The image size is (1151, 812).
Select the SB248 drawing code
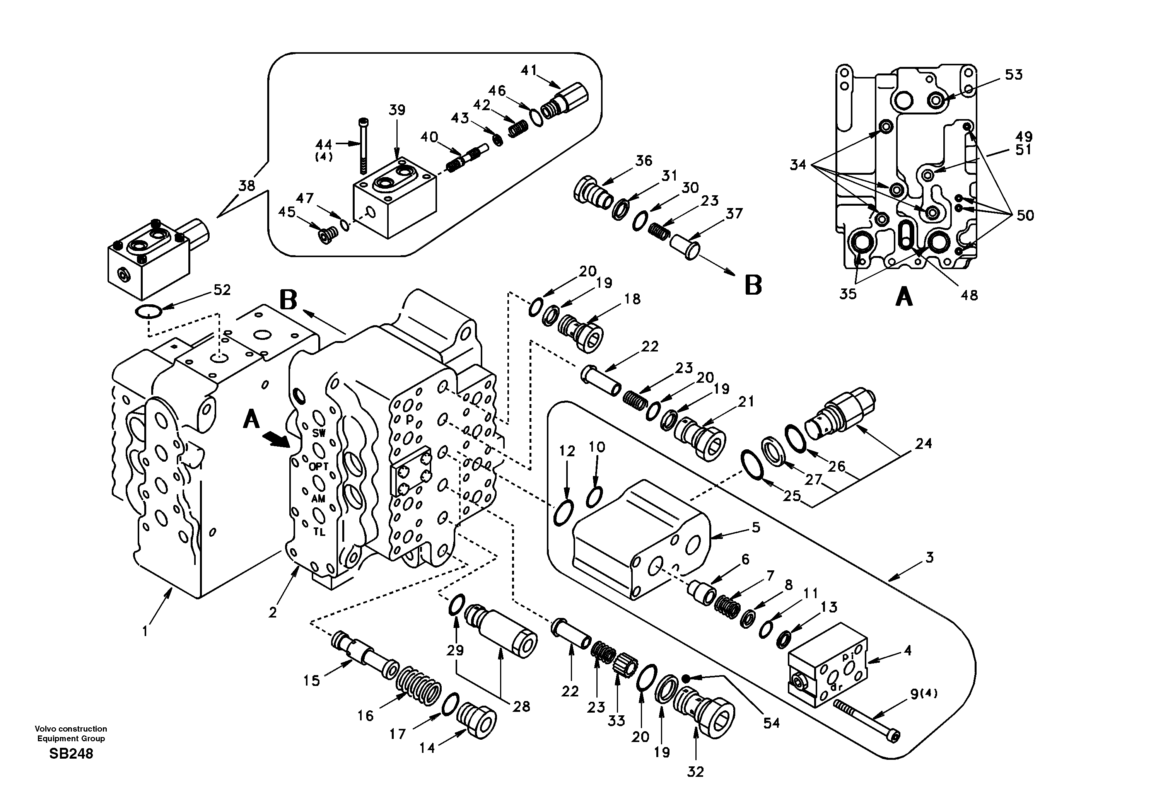[x=71, y=754]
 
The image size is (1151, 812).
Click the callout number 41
[x=528, y=70]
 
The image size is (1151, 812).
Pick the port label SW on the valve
[x=319, y=433]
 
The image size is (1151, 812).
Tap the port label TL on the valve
[x=319, y=532]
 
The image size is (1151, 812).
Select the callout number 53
[x=1013, y=75]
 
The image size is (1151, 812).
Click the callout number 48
[x=969, y=295]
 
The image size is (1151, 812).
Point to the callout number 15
[x=311, y=680]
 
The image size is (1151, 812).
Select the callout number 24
[x=924, y=443]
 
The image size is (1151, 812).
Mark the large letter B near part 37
[x=753, y=285]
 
